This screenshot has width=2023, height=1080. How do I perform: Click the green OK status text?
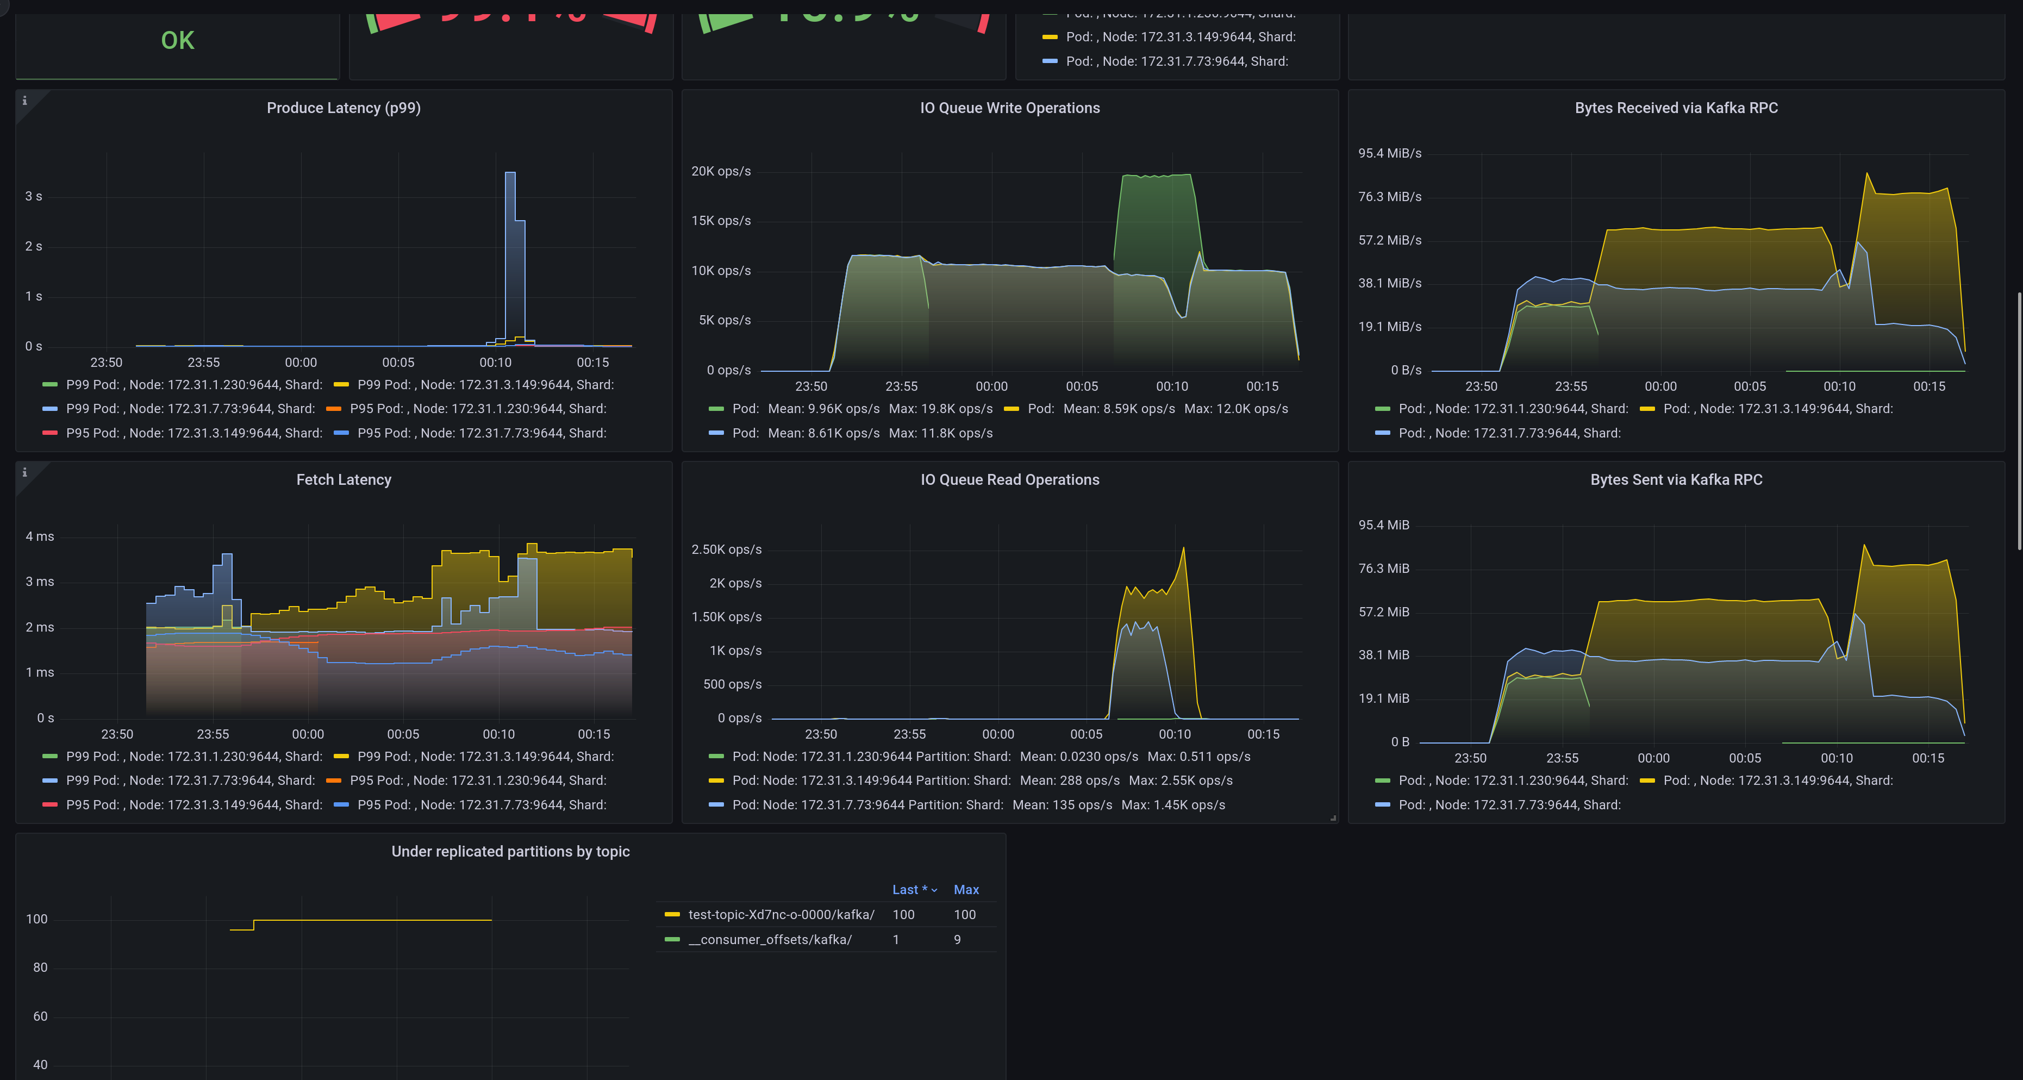point(178,41)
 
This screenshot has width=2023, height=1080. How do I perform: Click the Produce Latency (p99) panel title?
point(343,108)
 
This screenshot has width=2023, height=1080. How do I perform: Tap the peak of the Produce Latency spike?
point(510,173)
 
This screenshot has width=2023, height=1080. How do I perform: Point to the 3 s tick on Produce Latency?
point(34,196)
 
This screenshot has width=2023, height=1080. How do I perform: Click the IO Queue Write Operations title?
point(1009,108)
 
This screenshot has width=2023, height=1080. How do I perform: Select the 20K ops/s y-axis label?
point(720,171)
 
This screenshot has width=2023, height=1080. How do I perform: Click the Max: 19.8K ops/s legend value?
point(940,408)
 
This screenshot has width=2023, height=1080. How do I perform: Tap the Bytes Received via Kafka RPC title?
point(1675,108)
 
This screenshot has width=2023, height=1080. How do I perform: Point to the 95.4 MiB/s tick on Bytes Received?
point(1389,153)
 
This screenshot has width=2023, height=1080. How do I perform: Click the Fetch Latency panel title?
point(343,479)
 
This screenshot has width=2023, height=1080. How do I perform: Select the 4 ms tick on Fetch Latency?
point(40,536)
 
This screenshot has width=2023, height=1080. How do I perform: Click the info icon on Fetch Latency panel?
point(24,472)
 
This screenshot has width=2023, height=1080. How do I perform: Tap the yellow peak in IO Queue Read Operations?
point(1183,549)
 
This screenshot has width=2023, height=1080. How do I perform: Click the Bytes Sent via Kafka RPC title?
point(1675,479)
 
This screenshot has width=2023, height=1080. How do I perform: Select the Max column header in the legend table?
point(965,889)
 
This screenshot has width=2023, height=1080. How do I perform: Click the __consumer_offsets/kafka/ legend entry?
point(770,939)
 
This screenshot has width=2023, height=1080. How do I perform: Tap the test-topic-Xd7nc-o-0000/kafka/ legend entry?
point(781,914)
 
